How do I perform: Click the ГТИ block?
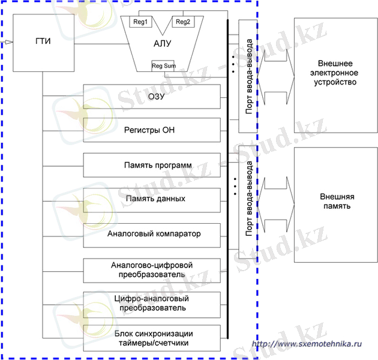click(x=43, y=43)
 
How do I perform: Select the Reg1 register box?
click(x=141, y=22)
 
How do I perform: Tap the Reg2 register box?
click(x=182, y=22)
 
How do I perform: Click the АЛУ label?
click(x=161, y=44)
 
